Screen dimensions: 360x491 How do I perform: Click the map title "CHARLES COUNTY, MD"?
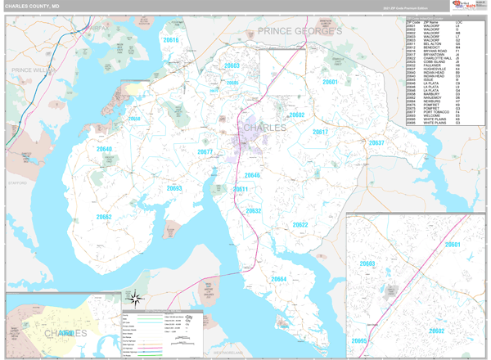[32, 6]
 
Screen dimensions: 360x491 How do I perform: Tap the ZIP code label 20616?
[170, 39]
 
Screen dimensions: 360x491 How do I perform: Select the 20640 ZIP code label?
[104, 150]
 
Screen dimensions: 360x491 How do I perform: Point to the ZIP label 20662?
[104, 217]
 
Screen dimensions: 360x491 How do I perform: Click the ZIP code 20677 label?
[205, 152]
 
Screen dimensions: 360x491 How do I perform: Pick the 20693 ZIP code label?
[174, 188]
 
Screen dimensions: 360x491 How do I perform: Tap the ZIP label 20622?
[300, 224]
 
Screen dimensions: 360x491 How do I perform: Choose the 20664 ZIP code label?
[279, 279]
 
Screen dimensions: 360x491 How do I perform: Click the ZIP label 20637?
[376, 142]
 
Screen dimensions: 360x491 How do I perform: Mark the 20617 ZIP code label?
[320, 132]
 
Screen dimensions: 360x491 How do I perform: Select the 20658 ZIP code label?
[133, 119]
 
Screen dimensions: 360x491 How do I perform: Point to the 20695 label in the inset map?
[359, 340]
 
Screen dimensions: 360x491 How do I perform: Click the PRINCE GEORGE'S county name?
[300, 31]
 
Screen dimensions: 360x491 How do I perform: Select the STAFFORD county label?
[18, 183]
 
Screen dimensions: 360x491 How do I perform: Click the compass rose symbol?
[135, 298]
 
